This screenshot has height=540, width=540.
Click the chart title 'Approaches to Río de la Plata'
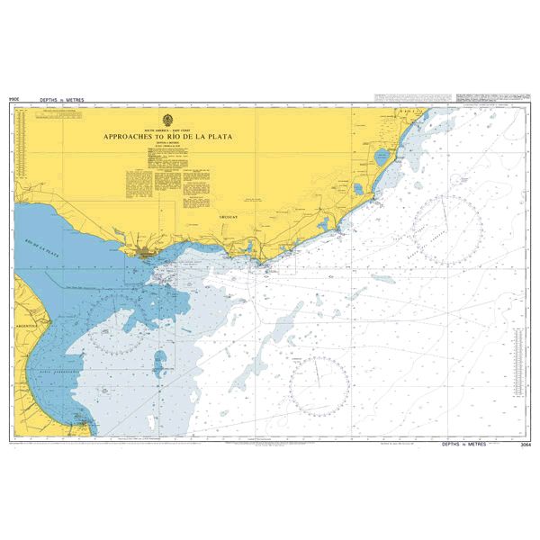170,136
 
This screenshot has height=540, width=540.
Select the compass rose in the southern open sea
319,386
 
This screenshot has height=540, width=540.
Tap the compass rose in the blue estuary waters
118,324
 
